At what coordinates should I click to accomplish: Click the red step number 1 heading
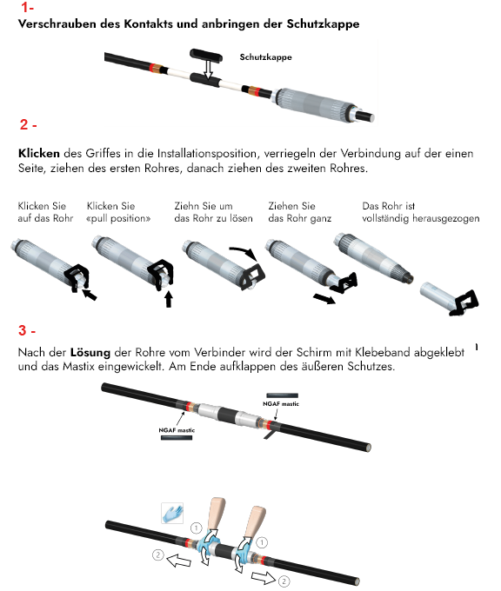point(27,7)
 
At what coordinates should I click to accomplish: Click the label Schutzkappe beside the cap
point(265,57)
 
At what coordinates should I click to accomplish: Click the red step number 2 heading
point(29,124)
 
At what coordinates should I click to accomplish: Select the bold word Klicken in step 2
point(39,154)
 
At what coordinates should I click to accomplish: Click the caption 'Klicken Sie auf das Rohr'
point(45,212)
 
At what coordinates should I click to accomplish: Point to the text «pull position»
point(118,219)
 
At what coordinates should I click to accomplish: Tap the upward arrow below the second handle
point(169,299)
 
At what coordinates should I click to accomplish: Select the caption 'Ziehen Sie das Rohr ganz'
point(299,212)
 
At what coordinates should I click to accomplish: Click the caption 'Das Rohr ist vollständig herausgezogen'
point(421,212)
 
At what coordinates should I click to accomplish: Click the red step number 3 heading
point(27,330)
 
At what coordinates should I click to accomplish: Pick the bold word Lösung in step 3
point(90,353)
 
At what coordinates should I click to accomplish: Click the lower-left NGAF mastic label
point(177,430)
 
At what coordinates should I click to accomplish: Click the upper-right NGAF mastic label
point(281,403)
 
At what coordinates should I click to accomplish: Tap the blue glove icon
point(172,513)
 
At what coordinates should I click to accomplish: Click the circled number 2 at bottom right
point(284,581)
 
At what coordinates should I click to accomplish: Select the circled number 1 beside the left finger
point(197,528)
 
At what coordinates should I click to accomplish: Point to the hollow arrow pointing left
point(179,561)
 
